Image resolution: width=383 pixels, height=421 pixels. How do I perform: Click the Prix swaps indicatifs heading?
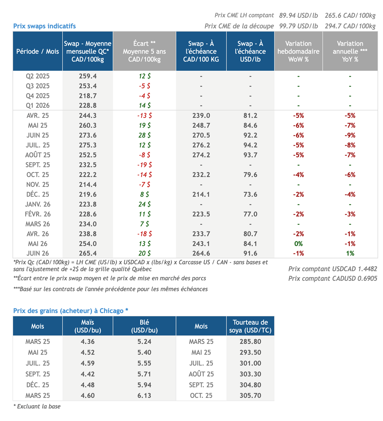point(45,26)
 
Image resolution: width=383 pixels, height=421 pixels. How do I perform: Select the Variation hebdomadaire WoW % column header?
point(298,51)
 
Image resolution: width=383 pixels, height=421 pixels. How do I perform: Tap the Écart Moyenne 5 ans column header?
point(144,51)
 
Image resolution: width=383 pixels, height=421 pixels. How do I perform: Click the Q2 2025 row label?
point(37,76)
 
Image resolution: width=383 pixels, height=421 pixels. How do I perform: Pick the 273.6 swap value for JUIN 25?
point(88,135)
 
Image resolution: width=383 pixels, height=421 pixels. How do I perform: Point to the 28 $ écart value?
point(145,135)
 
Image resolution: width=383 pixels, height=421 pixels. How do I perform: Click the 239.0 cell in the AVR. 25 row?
point(201,115)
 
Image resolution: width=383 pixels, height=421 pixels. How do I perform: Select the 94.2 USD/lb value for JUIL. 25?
point(250,145)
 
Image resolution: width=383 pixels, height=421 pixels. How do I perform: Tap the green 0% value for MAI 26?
point(298,244)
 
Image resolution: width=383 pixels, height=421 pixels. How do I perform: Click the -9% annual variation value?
point(350,135)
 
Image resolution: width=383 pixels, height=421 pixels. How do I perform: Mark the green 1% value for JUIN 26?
point(350,254)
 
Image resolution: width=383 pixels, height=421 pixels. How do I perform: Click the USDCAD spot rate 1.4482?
point(368,269)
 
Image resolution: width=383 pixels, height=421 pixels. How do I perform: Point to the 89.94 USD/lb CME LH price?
point(298,15)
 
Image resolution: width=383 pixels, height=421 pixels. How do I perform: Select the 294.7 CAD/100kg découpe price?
point(350,26)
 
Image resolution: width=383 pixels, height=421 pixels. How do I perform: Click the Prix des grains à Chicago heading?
point(71,311)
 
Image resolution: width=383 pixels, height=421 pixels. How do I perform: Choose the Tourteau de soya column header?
point(250,326)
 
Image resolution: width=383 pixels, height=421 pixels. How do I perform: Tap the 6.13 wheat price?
point(144,396)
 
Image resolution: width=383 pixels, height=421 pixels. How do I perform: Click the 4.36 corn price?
point(88,342)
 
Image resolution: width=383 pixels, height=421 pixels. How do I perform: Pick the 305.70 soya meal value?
point(250,396)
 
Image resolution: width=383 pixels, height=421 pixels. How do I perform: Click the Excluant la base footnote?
point(37,406)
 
